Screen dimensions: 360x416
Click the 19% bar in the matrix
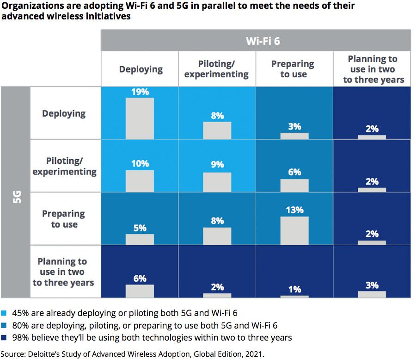(x=140, y=118)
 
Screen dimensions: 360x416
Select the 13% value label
(x=294, y=210)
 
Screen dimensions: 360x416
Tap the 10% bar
(x=140, y=181)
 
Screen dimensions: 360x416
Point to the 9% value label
(x=217, y=164)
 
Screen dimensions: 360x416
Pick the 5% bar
(x=140, y=239)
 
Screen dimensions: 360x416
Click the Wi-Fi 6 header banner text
(x=263, y=41)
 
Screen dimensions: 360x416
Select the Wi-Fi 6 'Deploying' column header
(x=141, y=69)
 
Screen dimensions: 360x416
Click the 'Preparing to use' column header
(x=293, y=69)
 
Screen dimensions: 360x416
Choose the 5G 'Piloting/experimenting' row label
(x=65, y=166)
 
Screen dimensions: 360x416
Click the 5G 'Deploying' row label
(x=64, y=113)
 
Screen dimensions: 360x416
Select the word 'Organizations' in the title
(x=28, y=6)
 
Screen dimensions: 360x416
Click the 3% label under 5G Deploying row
(x=294, y=126)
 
